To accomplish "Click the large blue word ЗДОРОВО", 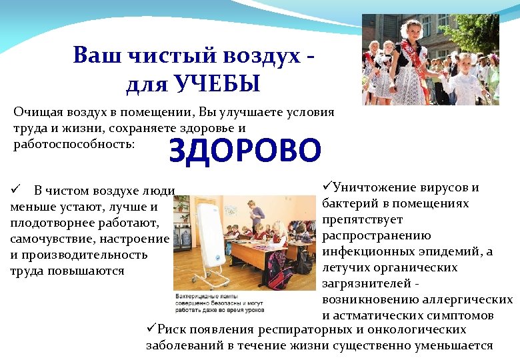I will coord(245,151).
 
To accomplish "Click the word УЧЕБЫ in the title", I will coord(216,85).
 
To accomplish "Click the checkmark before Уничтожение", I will coord(326,187).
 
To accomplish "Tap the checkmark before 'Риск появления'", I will coord(151,329).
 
